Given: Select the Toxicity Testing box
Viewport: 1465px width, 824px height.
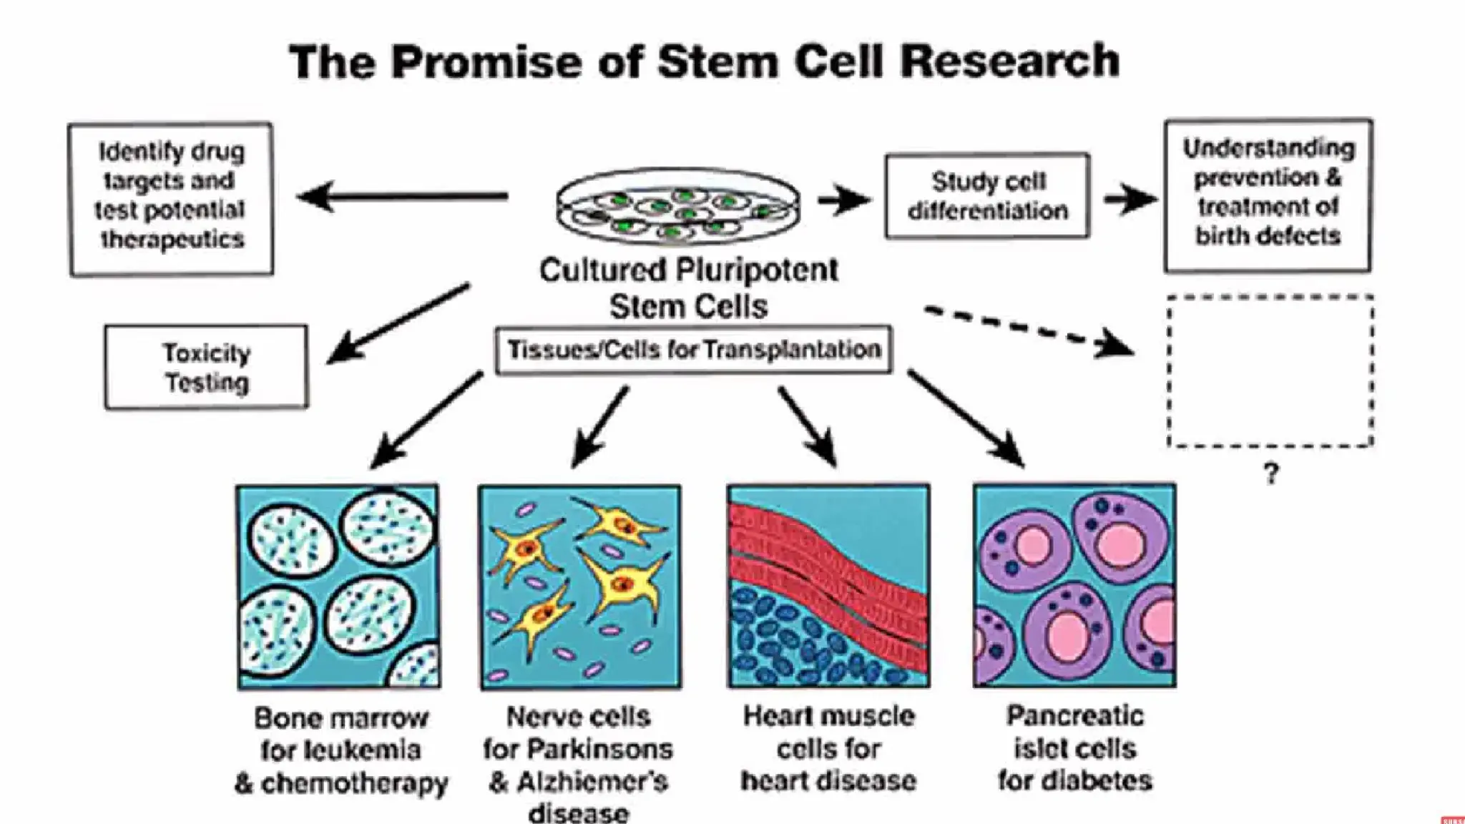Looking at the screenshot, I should point(207,368).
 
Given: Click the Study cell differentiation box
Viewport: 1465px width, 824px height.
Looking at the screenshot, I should point(988,196).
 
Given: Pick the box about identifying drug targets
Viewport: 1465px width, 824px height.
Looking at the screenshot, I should point(171,198).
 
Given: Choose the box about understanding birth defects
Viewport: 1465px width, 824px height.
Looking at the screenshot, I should point(1268,195).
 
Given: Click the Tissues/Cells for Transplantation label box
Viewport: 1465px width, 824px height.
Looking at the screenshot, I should point(693,350).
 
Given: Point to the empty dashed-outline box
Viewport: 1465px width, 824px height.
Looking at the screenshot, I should point(1270,371).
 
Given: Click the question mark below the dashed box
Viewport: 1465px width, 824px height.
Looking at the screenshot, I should point(1270,474).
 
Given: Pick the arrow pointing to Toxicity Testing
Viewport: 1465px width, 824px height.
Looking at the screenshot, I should point(398,323).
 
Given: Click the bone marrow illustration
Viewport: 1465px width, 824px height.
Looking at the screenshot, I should point(338,587).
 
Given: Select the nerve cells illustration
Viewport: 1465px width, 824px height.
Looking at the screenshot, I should point(580,587).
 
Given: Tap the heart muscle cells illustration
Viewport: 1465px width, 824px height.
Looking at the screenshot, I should point(828,586).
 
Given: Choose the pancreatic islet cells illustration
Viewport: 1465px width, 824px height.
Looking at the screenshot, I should point(1074,586).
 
